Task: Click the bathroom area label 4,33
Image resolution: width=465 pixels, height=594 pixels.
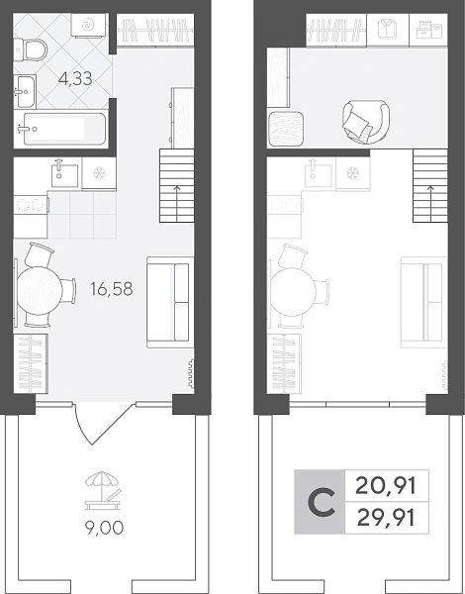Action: (75, 78)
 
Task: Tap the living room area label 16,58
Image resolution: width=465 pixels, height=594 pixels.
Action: (112, 289)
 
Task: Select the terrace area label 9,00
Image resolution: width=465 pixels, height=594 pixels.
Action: (104, 528)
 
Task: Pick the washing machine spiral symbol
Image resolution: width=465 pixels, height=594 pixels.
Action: (88, 26)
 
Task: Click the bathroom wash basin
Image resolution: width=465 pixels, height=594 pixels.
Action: (26, 91)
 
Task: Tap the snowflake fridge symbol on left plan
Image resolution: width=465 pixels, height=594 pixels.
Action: (99, 173)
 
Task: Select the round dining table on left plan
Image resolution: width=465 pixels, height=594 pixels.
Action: (40, 291)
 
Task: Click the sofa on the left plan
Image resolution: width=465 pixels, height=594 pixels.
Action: (170, 302)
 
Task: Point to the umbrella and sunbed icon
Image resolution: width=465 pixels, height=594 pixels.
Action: (103, 490)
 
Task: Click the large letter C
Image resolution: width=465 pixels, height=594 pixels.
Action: (322, 502)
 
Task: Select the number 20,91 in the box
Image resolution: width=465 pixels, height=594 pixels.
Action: (386, 486)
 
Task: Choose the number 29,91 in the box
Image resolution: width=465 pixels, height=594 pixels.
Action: (386, 518)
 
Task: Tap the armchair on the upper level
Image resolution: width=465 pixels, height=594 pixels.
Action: (365, 122)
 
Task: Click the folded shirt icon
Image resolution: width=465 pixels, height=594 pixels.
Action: (388, 29)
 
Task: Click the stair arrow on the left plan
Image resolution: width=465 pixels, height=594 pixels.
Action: (177, 204)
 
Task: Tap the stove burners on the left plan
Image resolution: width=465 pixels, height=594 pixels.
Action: (28, 205)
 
